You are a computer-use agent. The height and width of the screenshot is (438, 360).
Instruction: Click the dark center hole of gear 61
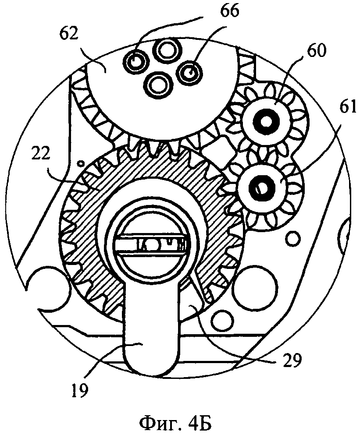pos(258,187)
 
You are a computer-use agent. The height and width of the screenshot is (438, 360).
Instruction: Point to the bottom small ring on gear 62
pos(156,84)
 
